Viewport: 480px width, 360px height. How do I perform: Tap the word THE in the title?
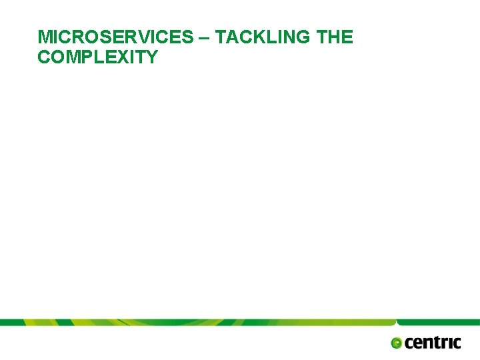point(335,37)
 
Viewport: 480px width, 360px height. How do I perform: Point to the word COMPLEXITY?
point(98,57)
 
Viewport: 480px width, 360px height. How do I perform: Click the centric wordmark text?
point(433,343)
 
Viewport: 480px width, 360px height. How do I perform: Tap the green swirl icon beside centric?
point(397,343)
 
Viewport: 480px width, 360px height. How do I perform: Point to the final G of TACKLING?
point(305,37)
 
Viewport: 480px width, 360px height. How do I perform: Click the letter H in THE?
point(335,37)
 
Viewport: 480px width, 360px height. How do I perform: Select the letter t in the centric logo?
point(437,343)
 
